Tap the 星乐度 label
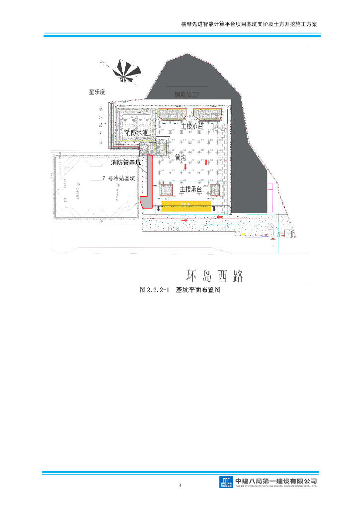[x=97, y=92]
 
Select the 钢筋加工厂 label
[x=189, y=94]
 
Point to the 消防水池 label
[x=137, y=133]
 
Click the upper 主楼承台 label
[x=192, y=126]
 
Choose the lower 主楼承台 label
[x=190, y=189]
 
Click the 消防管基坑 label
[x=126, y=163]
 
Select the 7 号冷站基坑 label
[x=118, y=178]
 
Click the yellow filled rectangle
[x=184, y=208]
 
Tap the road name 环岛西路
[x=214, y=276]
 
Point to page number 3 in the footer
[x=180, y=485]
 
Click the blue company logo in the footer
[x=226, y=482]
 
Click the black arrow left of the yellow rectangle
[x=159, y=208]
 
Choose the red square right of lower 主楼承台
[x=215, y=190]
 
